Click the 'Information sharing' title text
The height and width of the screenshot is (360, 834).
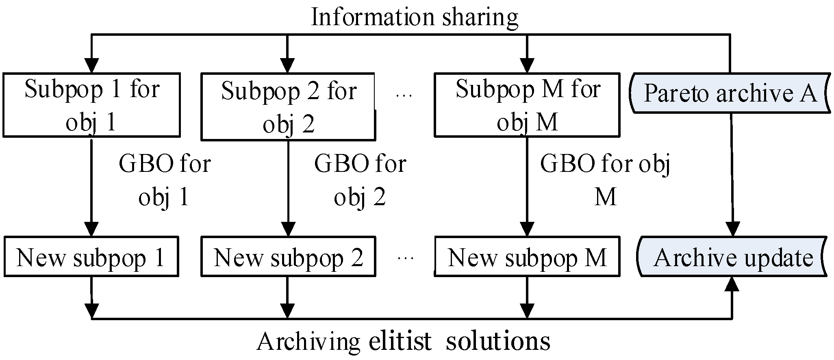pyautogui.click(x=414, y=17)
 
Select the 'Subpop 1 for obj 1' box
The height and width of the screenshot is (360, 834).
pyautogui.click(x=91, y=105)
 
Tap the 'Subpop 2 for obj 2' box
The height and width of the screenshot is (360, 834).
pyautogui.click(x=288, y=107)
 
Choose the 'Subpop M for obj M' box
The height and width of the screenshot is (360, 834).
pyautogui.click(x=527, y=105)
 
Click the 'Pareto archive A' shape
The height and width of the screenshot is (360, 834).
pyautogui.click(x=730, y=93)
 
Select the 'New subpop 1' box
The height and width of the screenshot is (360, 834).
pyautogui.click(x=91, y=257)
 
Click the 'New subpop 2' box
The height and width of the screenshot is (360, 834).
pyautogui.click(x=288, y=257)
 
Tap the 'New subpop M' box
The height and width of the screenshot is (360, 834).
pyautogui.click(x=527, y=257)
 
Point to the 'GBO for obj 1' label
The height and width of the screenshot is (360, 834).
pyautogui.click(x=165, y=180)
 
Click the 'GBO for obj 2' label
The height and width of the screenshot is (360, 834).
pyautogui.click(x=360, y=180)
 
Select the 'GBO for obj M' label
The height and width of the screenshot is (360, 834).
pyautogui.click(x=605, y=180)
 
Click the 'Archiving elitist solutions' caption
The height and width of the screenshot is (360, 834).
pyautogui.click(x=403, y=341)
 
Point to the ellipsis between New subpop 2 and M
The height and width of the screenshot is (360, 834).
pyautogui.click(x=405, y=258)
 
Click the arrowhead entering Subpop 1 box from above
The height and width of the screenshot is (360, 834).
pyautogui.click(x=91, y=65)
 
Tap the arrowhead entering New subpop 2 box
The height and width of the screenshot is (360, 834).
pyautogui.click(x=288, y=230)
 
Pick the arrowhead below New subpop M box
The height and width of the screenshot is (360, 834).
pyautogui.click(x=527, y=310)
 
